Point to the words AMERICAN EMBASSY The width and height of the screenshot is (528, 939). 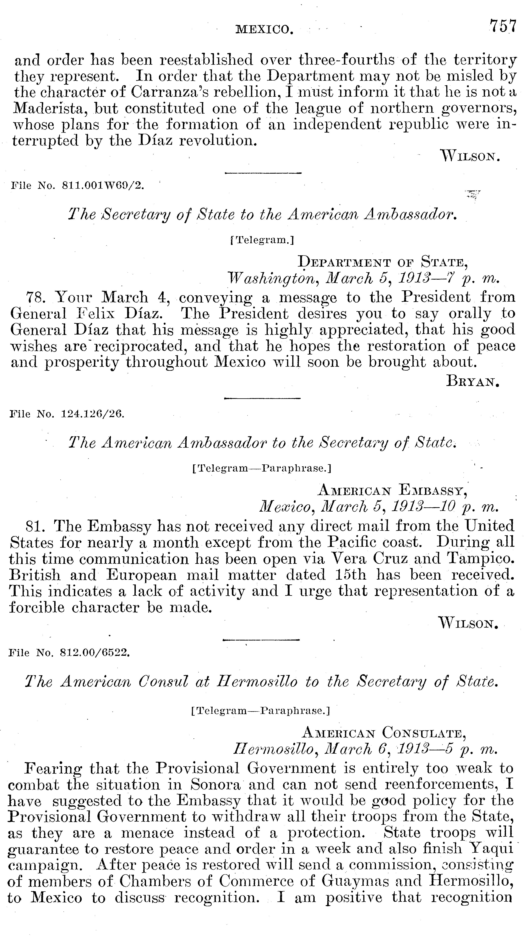click(393, 490)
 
